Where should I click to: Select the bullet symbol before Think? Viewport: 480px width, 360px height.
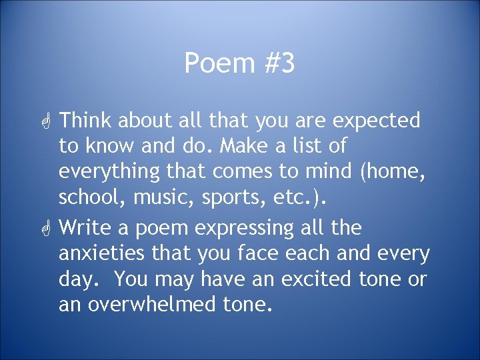(47, 121)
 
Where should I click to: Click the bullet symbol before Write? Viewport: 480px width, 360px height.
(47, 229)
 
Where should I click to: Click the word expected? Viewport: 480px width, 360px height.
(377, 121)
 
